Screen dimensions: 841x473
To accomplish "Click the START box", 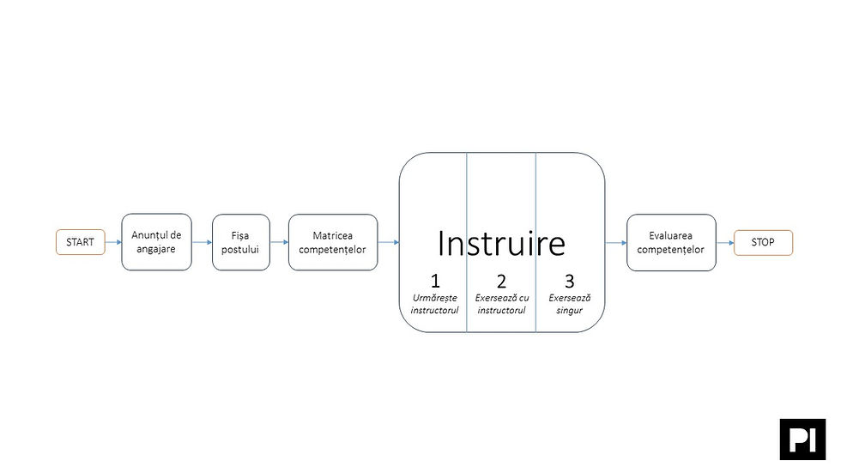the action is (81, 242).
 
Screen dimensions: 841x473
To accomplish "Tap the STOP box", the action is (763, 242).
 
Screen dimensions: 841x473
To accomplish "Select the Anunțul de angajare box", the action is (156, 242).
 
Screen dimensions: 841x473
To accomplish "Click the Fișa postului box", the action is (241, 242).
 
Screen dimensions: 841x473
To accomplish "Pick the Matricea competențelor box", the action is (333, 242).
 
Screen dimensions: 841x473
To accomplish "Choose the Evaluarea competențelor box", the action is (671, 242).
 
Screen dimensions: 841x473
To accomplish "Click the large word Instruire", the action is (501, 244).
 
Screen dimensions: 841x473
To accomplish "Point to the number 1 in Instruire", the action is (435, 281).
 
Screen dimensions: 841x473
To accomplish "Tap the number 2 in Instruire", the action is (501, 281).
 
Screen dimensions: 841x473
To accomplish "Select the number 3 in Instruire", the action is (570, 281).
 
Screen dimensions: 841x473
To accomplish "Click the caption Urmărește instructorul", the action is (435, 304).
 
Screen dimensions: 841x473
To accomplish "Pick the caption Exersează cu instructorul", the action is (502, 304).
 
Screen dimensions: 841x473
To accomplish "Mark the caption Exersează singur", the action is (570, 304).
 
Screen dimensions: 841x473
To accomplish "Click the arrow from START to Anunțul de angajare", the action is (113, 242).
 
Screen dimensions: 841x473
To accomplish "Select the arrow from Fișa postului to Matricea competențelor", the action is (280, 242).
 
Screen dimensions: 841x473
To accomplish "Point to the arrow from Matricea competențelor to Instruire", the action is (388, 242).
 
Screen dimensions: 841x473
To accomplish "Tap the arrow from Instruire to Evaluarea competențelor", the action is (616, 243).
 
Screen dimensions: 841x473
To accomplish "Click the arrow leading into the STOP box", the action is (725, 243).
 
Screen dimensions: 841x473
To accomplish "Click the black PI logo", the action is (803, 440).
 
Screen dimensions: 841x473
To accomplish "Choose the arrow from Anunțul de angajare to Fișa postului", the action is (203, 242).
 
